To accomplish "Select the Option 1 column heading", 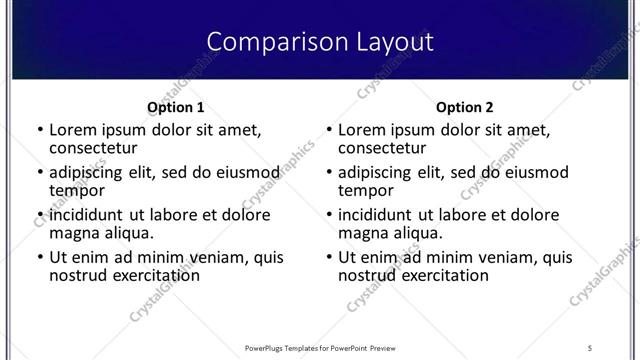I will tap(175, 107).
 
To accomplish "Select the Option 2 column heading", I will tap(464, 107).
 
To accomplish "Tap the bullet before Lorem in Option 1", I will tap(39, 130).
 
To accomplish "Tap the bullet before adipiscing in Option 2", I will tap(328, 173).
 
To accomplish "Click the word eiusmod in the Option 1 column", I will tap(245, 172).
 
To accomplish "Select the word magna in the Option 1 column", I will tap(73, 232).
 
